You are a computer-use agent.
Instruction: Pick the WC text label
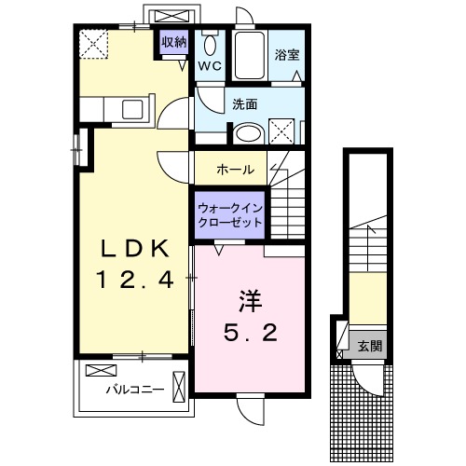(209, 65)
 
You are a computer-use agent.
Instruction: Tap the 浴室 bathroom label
(287, 55)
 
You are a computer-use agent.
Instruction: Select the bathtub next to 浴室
(249, 56)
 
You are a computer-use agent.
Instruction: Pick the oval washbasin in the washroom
(247, 133)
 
